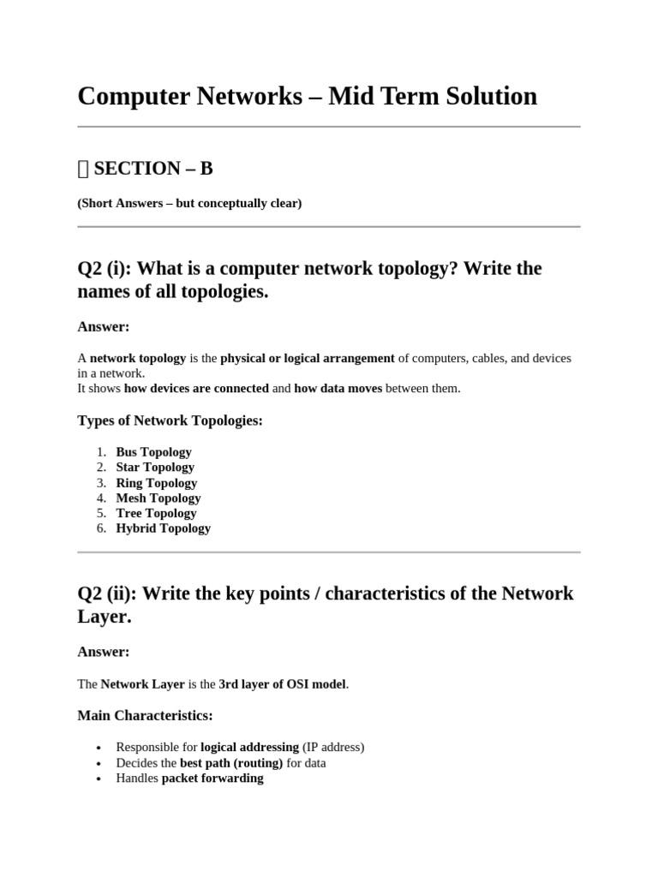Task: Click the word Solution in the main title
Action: [x=479, y=96]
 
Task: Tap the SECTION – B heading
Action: [x=153, y=169]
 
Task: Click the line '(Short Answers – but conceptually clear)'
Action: [x=189, y=204]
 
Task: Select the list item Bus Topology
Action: [x=153, y=451]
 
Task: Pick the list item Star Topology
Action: [x=155, y=467]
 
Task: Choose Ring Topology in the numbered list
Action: [x=156, y=482]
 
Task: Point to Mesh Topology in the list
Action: [x=158, y=498]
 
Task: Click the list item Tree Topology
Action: [x=156, y=513]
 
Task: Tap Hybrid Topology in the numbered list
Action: [x=163, y=528]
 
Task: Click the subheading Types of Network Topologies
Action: [x=170, y=421]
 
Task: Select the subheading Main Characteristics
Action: [x=145, y=715]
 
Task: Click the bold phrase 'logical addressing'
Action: [x=249, y=748]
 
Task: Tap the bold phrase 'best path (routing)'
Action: [x=231, y=763]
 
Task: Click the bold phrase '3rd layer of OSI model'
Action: [x=283, y=684]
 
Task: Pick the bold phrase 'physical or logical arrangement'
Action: [x=308, y=358]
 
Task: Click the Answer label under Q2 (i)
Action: [x=103, y=326]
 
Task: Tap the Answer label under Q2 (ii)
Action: [x=103, y=652]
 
